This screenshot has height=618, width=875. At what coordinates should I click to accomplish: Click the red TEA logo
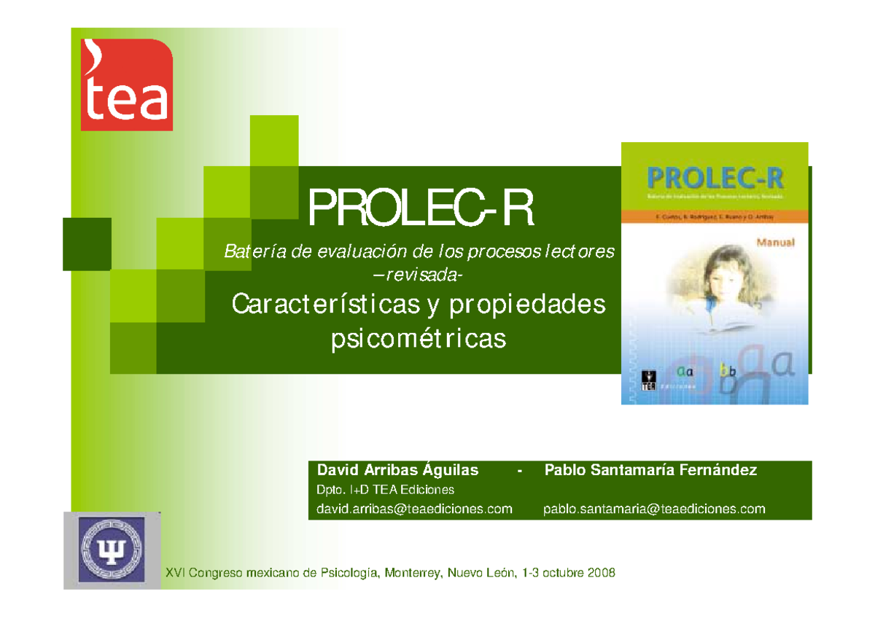coord(126,85)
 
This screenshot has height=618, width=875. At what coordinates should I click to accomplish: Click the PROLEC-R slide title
coord(421,208)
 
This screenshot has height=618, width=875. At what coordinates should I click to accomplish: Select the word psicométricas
coord(418,339)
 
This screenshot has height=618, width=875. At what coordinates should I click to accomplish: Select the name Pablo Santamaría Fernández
coord(650,470)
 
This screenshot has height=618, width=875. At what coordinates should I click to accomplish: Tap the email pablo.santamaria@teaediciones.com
coord(654,509)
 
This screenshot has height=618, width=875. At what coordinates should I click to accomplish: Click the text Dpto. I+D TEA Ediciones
coord(385,489)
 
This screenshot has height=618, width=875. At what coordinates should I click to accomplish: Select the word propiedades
coord(528,305)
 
